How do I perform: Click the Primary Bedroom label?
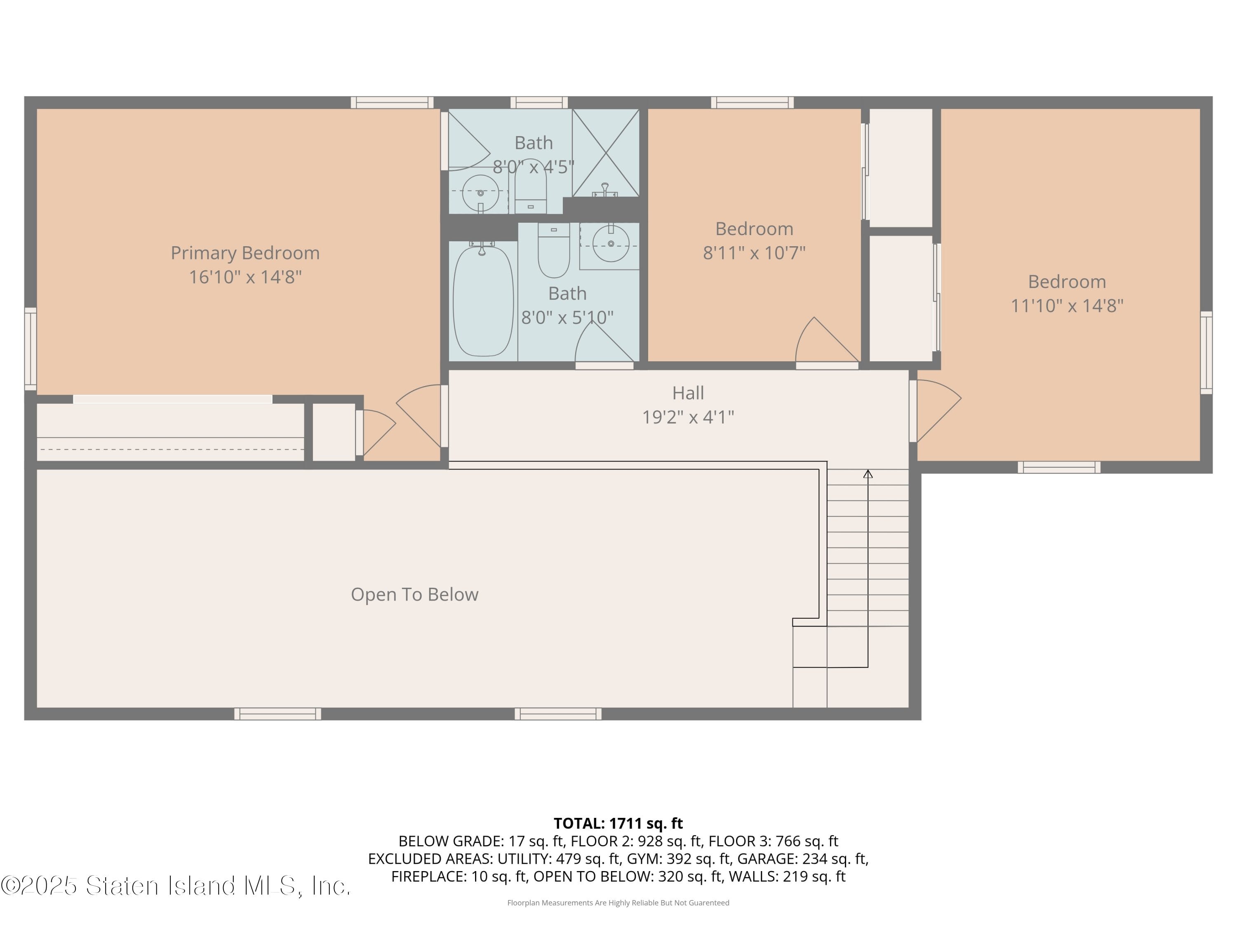(x=245, y=253)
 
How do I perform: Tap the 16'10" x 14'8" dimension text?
(x=245, y=277)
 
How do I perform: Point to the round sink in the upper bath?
(x=480, y=193)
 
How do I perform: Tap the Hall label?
(x=687, y=393)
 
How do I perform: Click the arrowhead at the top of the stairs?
(x=868, y=474)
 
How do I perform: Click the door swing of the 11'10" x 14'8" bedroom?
(x=937, y=408)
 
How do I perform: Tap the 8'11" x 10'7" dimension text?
(x=754, y=253)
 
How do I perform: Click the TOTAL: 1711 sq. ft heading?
(x=618, y=823)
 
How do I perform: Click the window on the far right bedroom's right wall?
(x=1206, y=352)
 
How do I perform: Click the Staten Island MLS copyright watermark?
(x=176, y=886)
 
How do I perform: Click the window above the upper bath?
(x=539, y=102)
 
